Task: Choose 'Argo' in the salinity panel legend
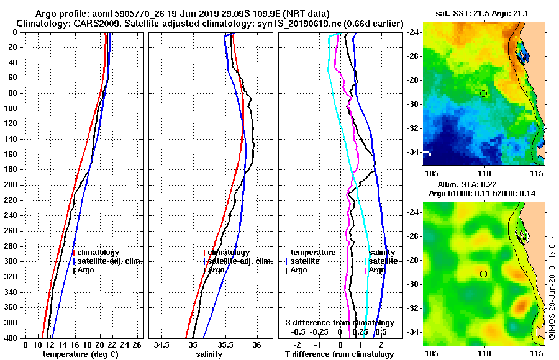pos(216,270)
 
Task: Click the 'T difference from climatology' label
pos(339,354)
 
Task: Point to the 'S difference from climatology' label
pos(339,323)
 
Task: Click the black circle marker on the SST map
pos(483,93)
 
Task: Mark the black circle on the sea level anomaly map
pos(483,274)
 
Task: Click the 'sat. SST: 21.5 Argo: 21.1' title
pos(484,14)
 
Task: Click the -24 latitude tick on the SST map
pos(413,32)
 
